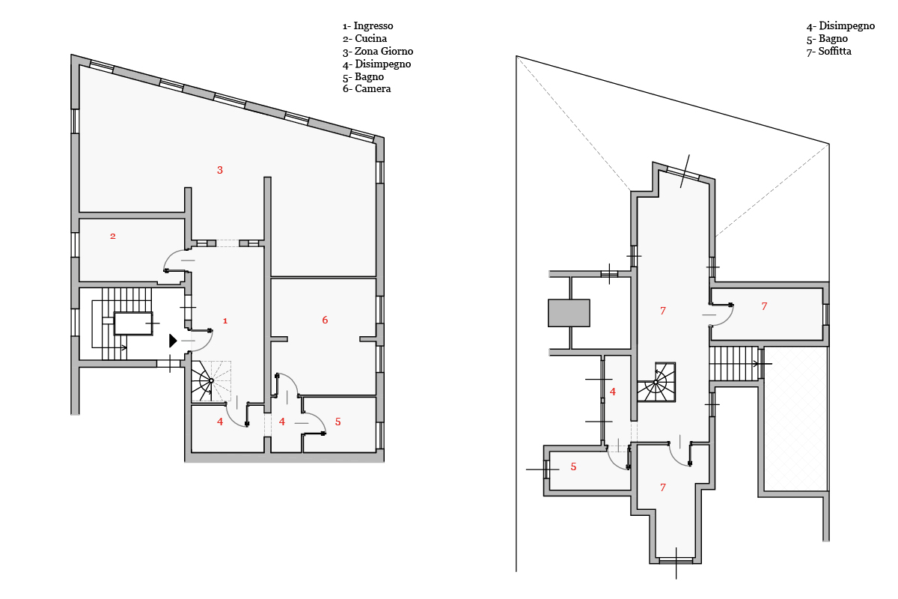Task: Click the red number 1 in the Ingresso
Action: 225,320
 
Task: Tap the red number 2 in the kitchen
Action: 113,237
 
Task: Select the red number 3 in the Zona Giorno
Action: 220,170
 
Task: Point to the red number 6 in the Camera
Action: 325,320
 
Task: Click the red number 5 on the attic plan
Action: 573,466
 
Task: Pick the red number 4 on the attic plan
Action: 613,392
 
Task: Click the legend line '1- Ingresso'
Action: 367,26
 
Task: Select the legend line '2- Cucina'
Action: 365,38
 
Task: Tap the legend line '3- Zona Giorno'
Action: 378,52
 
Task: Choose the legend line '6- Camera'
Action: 367,88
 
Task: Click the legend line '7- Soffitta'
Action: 829,52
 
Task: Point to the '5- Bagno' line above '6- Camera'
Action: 363,76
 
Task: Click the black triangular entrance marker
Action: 173,341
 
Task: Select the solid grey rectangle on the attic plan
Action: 569,313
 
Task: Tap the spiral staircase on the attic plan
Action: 656,382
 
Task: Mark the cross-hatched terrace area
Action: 795,419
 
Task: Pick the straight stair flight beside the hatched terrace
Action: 734,363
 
